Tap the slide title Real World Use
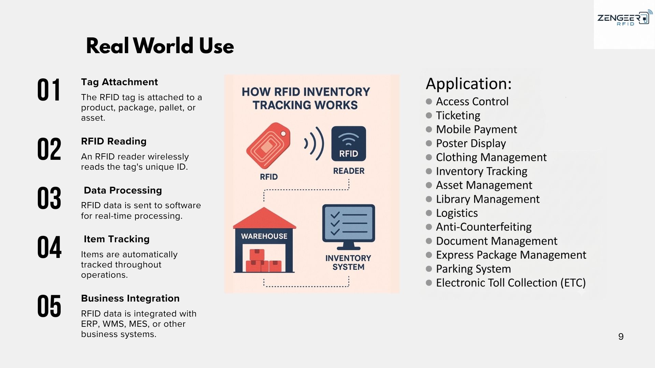point(160,46)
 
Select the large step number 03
point(49,198)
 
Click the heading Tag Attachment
point(119,82)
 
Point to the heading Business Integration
point(130,298)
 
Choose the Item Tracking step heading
point(117,239)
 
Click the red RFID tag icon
point(268,145)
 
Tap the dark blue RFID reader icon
point(349,143)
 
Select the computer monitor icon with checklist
point(349,227)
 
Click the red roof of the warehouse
point(264,218)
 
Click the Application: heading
point(469,84)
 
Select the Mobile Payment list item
point(476,129)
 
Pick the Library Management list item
point(488,199)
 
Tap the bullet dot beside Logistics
point(429,213)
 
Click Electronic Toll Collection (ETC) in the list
point(511,283)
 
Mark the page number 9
point(621,337)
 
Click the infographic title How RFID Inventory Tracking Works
point(306,98)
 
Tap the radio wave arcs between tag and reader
point(314,143)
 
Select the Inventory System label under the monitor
point(348,263)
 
